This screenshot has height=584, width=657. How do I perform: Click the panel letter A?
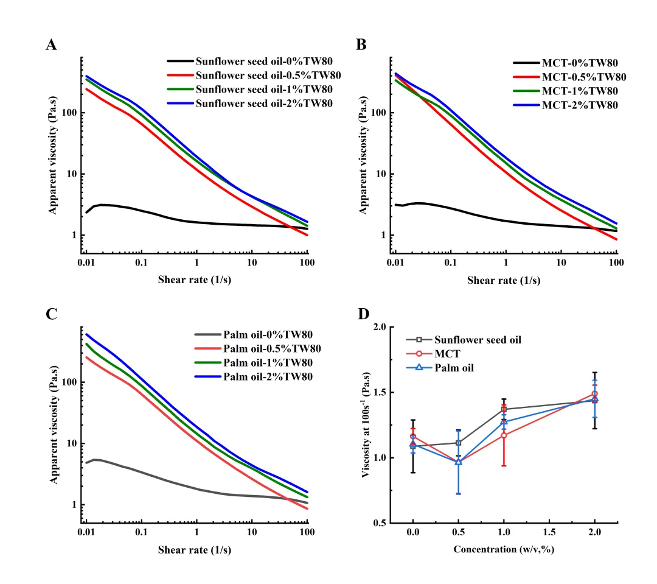click(x=52, y=45)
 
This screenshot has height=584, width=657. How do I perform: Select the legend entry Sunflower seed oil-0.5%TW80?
click(x=268, y=76)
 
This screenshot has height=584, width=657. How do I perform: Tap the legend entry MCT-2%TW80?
click(x=579, y=105)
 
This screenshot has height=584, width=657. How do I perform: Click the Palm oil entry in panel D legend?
click(x=453, y=368)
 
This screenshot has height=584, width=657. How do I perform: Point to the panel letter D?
click(x=363, y=314)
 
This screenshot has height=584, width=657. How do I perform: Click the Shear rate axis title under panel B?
click(x=504, y=281)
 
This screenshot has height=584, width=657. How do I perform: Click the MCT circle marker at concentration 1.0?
click(x=504, y=435)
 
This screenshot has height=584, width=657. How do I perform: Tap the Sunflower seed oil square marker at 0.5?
click(x=459, y=443)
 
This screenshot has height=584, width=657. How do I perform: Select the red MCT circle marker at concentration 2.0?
click(x=594, y=394)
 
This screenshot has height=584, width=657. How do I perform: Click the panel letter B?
click(x=361, y=45)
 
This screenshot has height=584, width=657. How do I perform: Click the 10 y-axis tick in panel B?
click(x=381, y=174)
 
